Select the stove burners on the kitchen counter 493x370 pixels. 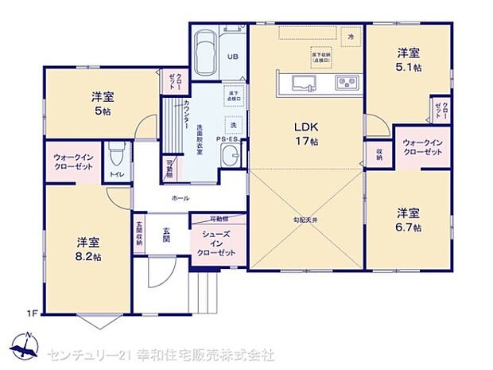click(344, 82)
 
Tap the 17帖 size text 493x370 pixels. click(307, 142)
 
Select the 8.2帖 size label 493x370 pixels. click(88, 257)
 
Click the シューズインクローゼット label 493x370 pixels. click(217, 242)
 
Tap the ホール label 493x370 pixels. click(180, 197)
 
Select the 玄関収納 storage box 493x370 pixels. click(139, 234)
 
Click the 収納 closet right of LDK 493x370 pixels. click(379, 154)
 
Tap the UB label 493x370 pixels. click(234, 57)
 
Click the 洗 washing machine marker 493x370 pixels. click(233, 125)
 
